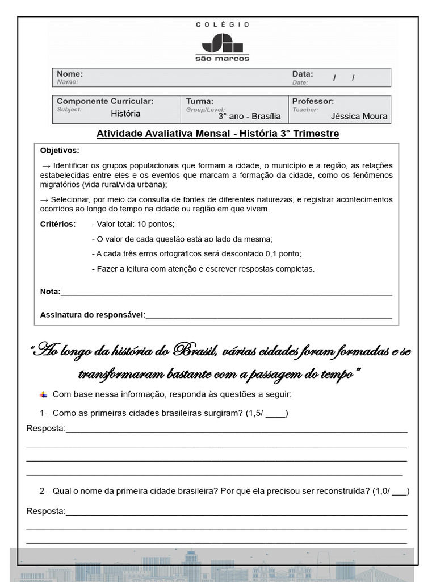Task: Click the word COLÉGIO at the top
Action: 223,24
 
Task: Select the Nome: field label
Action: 70,74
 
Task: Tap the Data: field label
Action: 302,74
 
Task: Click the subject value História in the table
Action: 125,113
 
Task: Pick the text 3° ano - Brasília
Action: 249,116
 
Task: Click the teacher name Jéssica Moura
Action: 359,116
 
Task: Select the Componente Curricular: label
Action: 105,101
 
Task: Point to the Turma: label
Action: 199,101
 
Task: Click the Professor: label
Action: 313,101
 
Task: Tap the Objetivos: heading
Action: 60,151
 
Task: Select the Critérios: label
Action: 58,224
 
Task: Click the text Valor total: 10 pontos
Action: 135,224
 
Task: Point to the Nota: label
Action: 50,292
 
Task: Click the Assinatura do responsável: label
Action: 93,315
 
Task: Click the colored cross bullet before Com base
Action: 44,394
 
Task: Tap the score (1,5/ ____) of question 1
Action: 267,413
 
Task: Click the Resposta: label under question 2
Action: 45,511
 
